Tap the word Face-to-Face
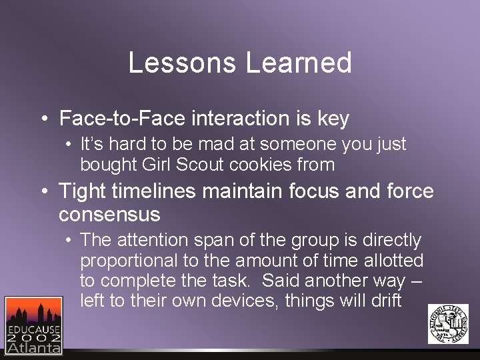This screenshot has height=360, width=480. (122, 119)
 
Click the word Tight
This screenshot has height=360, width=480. (82, 192)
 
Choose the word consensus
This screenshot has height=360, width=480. (109, 215)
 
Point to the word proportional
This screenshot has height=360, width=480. (124, 261)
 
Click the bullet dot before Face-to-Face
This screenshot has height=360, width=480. (43, 120)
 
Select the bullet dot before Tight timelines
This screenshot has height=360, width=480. (43, 193)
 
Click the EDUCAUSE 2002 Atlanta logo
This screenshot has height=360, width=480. (33, 325)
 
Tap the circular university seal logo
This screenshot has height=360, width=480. (447, 323)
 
